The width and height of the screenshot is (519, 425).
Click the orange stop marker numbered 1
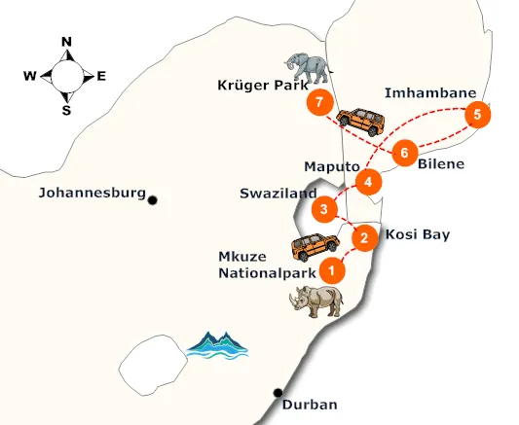tap(332, 269)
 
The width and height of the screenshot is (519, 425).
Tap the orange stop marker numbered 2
tap(363, 236)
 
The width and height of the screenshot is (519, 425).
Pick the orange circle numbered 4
tap(367, 181)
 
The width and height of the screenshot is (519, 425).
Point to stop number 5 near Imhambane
tap(476, 115)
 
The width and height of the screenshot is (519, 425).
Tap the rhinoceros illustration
tap(316, 301)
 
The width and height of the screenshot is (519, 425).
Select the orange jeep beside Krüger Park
tap(359, 121)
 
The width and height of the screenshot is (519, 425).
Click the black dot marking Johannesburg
tap(153, 198)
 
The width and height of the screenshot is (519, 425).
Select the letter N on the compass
tap(67, 42)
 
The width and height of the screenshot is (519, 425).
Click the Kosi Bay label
tap(418, 235)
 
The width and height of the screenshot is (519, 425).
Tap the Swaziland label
tap(276, 194)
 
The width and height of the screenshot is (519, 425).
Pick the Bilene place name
tap(440, 164)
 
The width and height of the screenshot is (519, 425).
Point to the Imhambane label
tap(430, 93)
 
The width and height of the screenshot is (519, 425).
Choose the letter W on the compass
tap(30, 76)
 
